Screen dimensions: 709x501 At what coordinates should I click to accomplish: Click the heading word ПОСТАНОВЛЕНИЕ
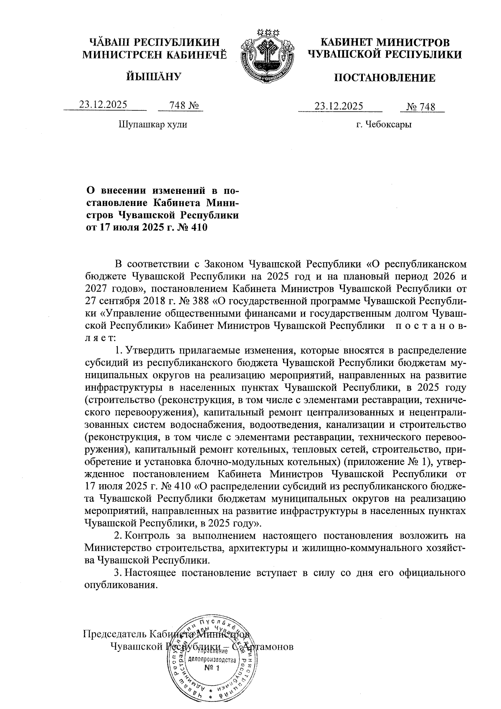385,78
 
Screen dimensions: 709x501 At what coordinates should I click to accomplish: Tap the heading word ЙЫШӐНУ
154,76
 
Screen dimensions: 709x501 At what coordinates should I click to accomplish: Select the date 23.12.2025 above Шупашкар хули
103,105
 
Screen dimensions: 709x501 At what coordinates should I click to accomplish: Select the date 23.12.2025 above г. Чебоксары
339,106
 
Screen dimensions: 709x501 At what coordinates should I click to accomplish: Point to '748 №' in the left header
182,105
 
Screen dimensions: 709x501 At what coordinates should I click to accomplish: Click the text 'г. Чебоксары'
384,125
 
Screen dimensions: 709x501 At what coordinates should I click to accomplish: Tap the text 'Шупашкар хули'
153,125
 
